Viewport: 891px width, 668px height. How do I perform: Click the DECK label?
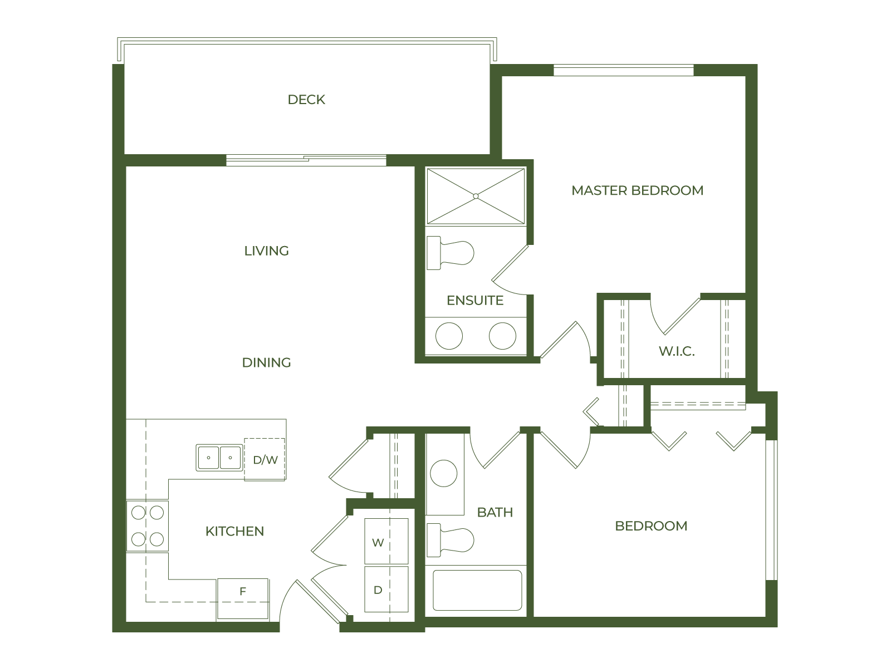(x=306, y=100)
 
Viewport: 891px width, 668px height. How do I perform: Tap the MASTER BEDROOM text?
(x=637, y=190)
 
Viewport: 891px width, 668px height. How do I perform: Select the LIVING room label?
(x=266, y=251)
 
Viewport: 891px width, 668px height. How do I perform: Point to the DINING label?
(x=266, y=362)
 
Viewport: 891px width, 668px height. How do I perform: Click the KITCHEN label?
(x=234, y=531)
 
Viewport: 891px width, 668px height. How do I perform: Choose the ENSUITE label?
(x=475, y=301)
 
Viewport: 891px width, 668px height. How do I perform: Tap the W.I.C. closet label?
(x=676, y=351)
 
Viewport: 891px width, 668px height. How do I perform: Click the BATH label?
(x=495, y=512)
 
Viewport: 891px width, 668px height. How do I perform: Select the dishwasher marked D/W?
(x=265, y=460)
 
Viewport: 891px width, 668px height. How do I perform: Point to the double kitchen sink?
(x=219, y=458)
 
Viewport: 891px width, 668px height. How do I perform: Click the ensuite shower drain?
(x=476, y=196)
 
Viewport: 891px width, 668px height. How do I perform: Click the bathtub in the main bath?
(x=477, y=590)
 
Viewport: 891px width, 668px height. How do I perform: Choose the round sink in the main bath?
(x=444, y=474)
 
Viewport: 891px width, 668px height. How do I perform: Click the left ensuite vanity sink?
(x=449, y=336)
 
